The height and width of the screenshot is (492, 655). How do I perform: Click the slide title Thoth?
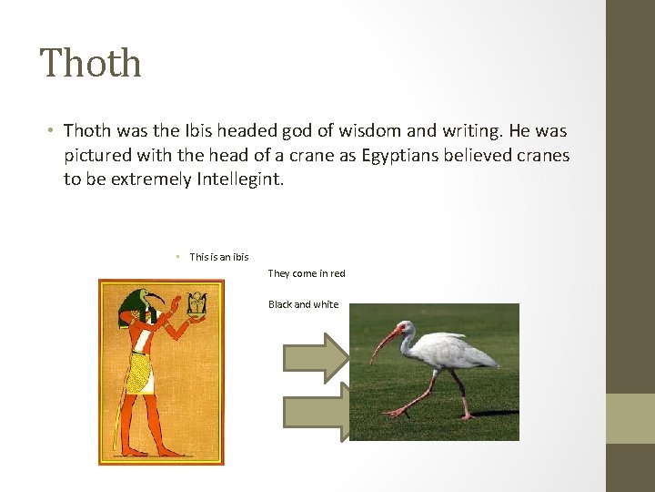point(91,64)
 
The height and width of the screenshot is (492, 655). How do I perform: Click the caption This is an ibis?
point(218,257)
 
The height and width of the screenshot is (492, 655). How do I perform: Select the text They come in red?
point(307,273)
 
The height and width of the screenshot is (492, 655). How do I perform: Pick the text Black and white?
point(303,304)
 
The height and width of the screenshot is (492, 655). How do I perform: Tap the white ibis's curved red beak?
point(384,341)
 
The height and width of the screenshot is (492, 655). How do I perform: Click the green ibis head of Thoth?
point(149,301)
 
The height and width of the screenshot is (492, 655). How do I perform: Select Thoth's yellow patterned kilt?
point(139,373)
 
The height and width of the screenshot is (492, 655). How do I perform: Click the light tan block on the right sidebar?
point(630,418)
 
